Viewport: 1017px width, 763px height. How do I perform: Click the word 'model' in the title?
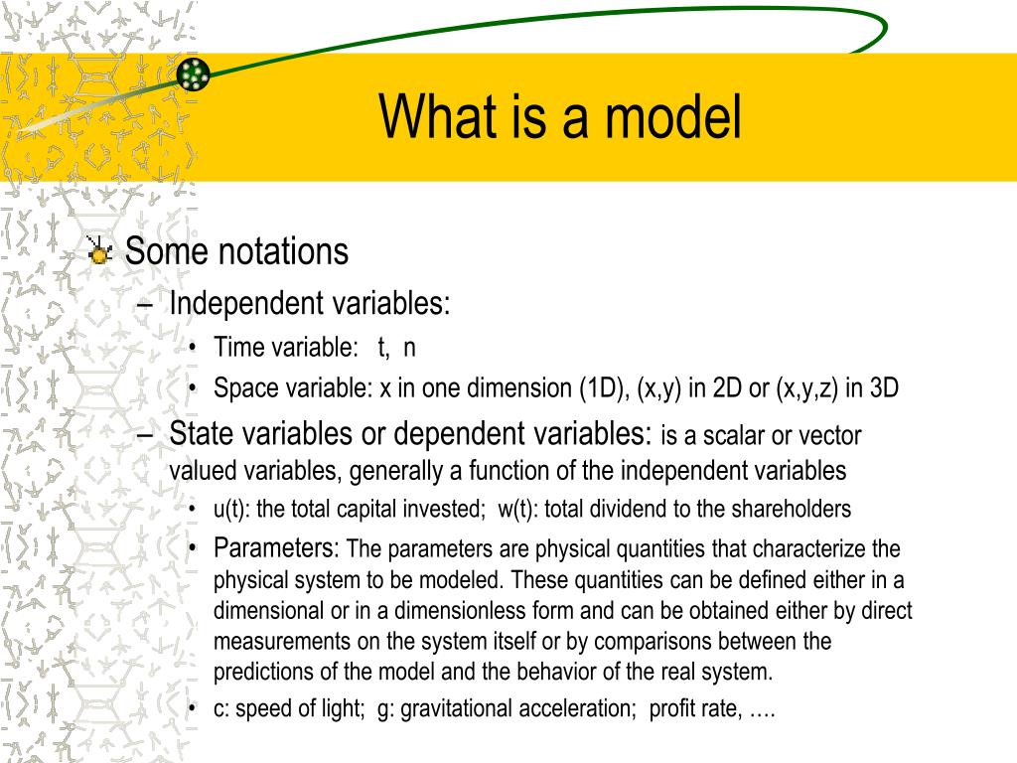[x=672, y=116]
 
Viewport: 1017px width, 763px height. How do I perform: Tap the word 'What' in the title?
[x=438, y=116]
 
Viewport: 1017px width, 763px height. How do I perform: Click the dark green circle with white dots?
[x=194, y=74]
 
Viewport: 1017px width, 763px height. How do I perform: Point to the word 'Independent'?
[x=246, y=304]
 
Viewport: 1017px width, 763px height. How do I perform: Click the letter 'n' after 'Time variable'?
[x=409, y=349]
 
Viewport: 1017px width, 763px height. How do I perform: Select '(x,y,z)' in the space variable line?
[x=807, y=388]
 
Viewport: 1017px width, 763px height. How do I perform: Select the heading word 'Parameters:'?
[x=276, y=548]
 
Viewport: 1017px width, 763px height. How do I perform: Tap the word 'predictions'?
[x=263, y=672]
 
